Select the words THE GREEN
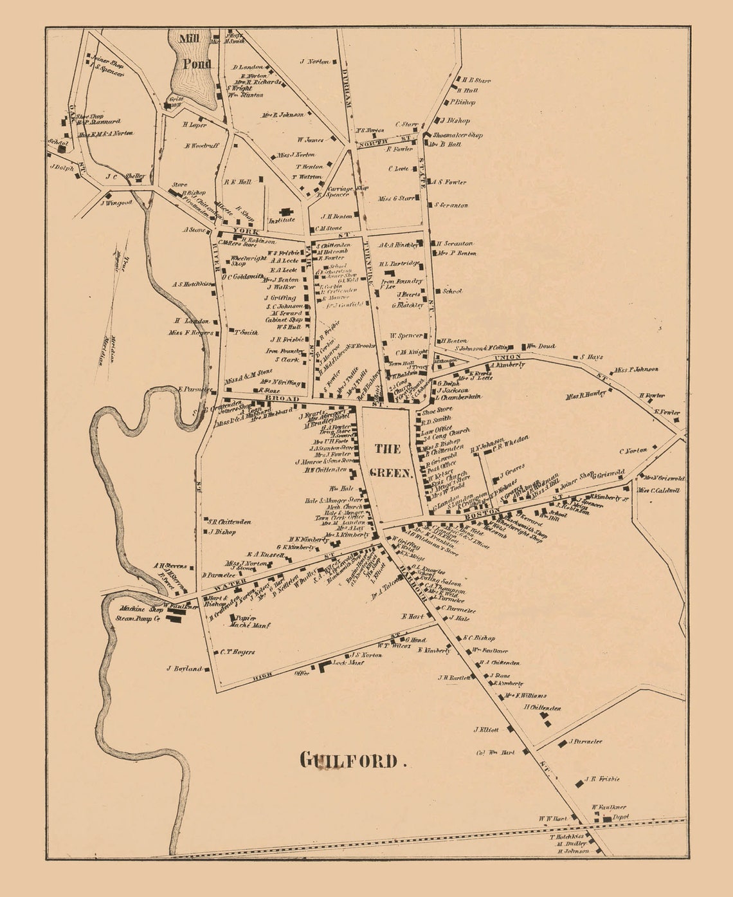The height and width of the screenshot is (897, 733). [390, 460]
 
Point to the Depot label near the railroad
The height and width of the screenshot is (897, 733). [620, 817]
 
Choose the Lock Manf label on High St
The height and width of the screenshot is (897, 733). [348, 662]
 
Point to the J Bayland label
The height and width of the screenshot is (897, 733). [184, 669]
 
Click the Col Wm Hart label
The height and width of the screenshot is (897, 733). [495, 752]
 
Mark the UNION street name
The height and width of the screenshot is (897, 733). [507, 357]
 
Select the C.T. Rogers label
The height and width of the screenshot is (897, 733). [237, 652]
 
